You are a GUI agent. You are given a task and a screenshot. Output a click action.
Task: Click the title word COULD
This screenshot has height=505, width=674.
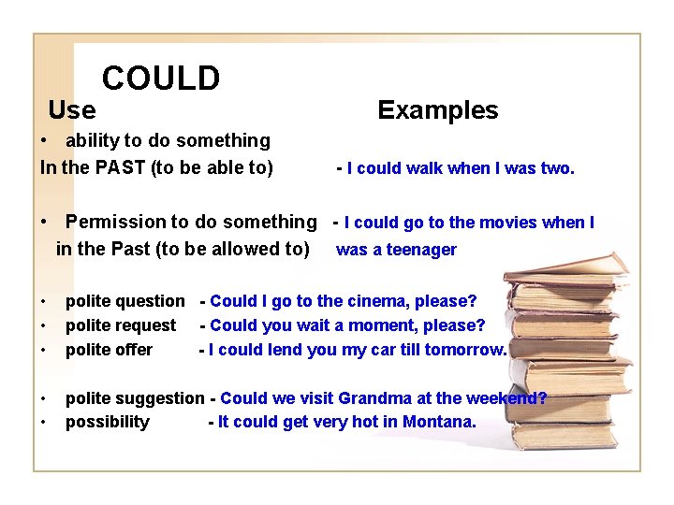coord(161,79)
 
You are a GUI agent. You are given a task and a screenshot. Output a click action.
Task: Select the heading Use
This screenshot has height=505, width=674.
coord(72,110)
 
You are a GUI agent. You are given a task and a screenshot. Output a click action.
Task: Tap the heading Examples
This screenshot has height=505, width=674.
coord(437,110)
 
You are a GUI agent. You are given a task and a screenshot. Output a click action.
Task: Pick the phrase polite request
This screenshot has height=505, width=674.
coord(120,325)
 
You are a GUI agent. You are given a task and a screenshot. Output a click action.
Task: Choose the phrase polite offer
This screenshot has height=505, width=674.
coord(109,350)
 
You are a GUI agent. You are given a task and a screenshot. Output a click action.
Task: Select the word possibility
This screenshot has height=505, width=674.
coord(107,423)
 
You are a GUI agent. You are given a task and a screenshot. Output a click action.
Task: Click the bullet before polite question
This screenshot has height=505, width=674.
coord(45,302)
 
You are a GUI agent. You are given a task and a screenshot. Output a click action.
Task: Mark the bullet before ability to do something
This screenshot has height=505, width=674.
coord(45,141)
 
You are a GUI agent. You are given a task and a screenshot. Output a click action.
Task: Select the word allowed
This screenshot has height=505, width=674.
coord(244,249)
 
